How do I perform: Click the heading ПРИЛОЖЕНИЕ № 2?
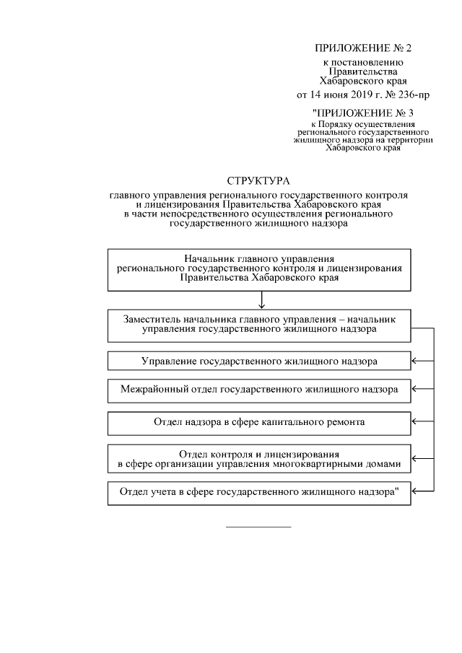coord(362,48)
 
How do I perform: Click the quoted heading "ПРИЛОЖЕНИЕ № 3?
coord(362,113)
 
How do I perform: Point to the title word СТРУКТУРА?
coord(258,180)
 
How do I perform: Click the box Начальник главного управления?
coord(259,268)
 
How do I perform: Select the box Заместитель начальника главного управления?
coord(259,325)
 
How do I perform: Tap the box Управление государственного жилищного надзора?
coord(259,360)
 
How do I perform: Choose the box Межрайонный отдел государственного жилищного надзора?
coord(259,389)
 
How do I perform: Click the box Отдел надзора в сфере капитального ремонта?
coord(259,421)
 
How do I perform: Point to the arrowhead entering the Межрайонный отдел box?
coord(415,389)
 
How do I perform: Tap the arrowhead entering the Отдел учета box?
coord(415,493)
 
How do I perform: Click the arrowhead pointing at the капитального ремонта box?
coord(415,421)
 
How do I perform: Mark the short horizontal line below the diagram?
coord(258,527)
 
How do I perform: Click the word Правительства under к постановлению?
coord(362,72)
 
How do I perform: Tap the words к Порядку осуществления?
coord(362,125)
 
